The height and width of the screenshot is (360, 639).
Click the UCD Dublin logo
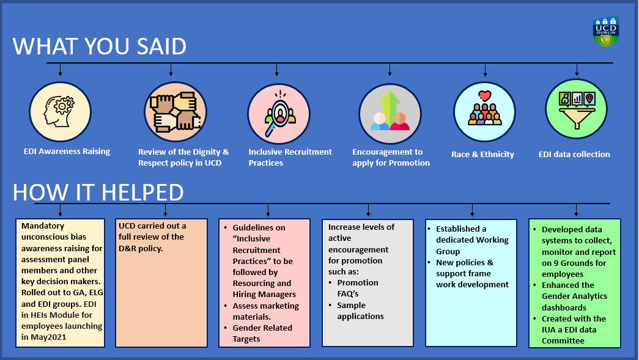point(606,32)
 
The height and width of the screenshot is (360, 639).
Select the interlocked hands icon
point(175,112)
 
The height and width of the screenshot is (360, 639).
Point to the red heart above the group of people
point(485,96)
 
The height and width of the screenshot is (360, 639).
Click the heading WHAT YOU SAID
point(100,46)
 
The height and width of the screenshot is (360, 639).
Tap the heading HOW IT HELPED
point(98,192)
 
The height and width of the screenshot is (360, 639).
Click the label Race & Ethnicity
point(482,155)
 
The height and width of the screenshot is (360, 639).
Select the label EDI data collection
point(574,154)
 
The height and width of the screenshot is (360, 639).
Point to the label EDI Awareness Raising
point(67,151)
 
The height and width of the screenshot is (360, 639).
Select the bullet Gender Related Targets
point(262,333)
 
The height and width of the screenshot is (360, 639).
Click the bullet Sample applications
point(360,310)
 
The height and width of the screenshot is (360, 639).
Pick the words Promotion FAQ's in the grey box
point(358,288)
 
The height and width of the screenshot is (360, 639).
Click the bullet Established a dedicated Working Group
point(472,240)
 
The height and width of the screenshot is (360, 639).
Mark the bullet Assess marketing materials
point(265,311)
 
